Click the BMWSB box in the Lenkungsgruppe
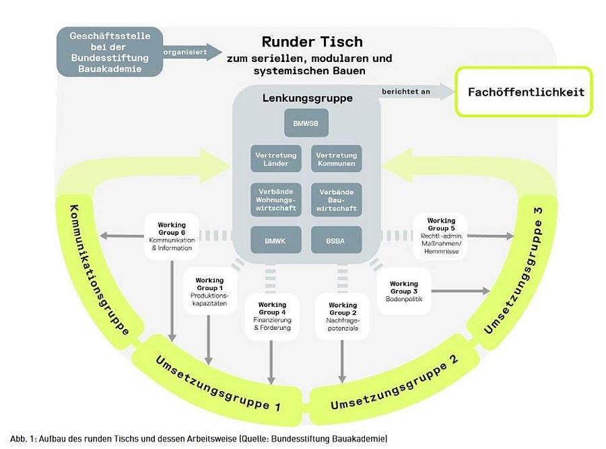coord(306,123)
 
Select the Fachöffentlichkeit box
coord(523,92)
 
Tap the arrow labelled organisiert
coord(192,51)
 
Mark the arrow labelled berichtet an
coord(411,92)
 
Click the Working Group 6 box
coord(172,236)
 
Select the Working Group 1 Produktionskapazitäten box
coord(210,291)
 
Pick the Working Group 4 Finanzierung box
coord(272,317)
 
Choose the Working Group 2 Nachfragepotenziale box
coord(343,317)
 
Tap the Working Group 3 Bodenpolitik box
coord(404,291)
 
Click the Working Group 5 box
coord(441,236)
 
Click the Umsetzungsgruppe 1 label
coord(219,382)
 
